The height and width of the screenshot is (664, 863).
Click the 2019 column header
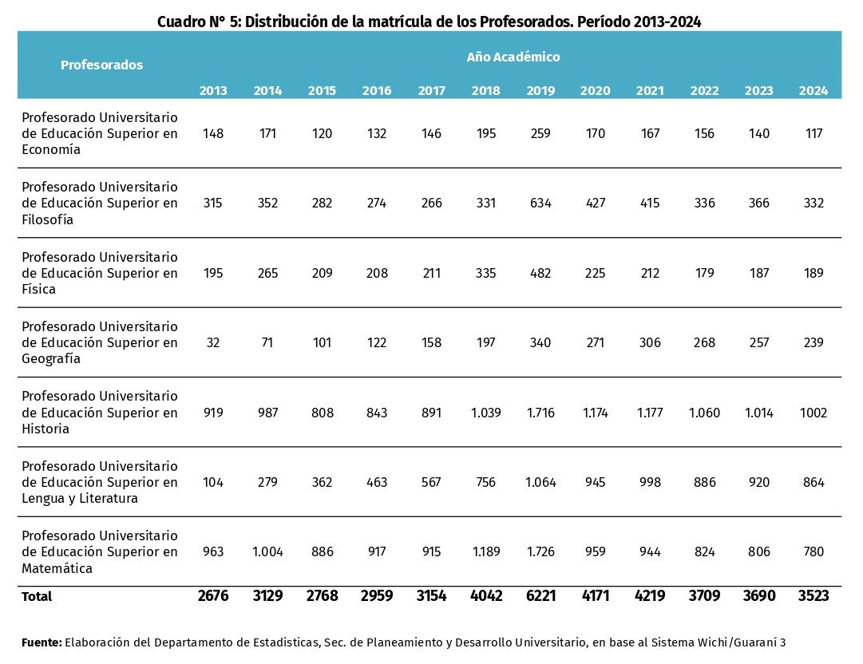pos(540,90)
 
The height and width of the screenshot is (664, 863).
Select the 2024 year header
pos(813,90)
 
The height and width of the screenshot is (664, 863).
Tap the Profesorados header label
pos(102,65)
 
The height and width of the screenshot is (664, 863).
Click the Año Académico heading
pos(513,57)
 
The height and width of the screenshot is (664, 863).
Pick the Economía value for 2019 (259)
pos(540,133)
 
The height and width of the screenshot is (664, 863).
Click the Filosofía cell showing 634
pos(540,203)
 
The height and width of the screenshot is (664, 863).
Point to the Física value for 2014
pos(267,273)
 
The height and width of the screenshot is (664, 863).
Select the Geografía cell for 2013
pos(213,342)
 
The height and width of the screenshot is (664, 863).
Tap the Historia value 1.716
pos(540,413)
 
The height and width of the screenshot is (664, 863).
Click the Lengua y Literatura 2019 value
pos(540,482)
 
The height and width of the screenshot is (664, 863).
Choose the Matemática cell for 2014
pos(267,551)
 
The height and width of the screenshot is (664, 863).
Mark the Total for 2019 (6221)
pos(540,596)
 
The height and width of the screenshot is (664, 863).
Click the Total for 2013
pos(213,596)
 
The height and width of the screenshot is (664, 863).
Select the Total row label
pos(37,596)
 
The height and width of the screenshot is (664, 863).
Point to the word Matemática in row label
pos(57,568)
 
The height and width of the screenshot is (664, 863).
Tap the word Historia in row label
pos(46,429)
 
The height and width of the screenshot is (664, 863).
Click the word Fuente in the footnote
pos(42,642)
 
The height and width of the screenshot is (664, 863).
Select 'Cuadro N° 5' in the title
pos(197,22)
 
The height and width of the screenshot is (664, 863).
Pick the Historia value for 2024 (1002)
pos(813,413)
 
